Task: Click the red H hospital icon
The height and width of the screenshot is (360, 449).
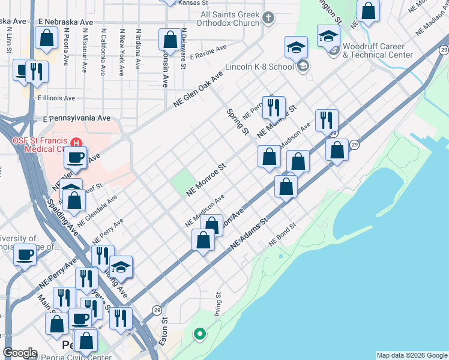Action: click(76, 143)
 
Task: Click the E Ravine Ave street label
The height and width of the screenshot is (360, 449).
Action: click(208, 52)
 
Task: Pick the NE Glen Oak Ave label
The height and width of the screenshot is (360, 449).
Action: click(197, 89)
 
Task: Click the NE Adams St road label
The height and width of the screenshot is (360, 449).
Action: click(249, 235)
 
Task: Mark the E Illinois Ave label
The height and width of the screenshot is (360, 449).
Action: click(56, 98)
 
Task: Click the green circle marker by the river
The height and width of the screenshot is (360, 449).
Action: click(200, 334)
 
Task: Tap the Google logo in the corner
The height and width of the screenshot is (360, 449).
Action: click(20, 353)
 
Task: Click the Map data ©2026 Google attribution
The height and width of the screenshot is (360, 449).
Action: click(411, 355)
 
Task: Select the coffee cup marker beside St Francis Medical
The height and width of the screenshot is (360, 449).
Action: click(75, 158)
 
